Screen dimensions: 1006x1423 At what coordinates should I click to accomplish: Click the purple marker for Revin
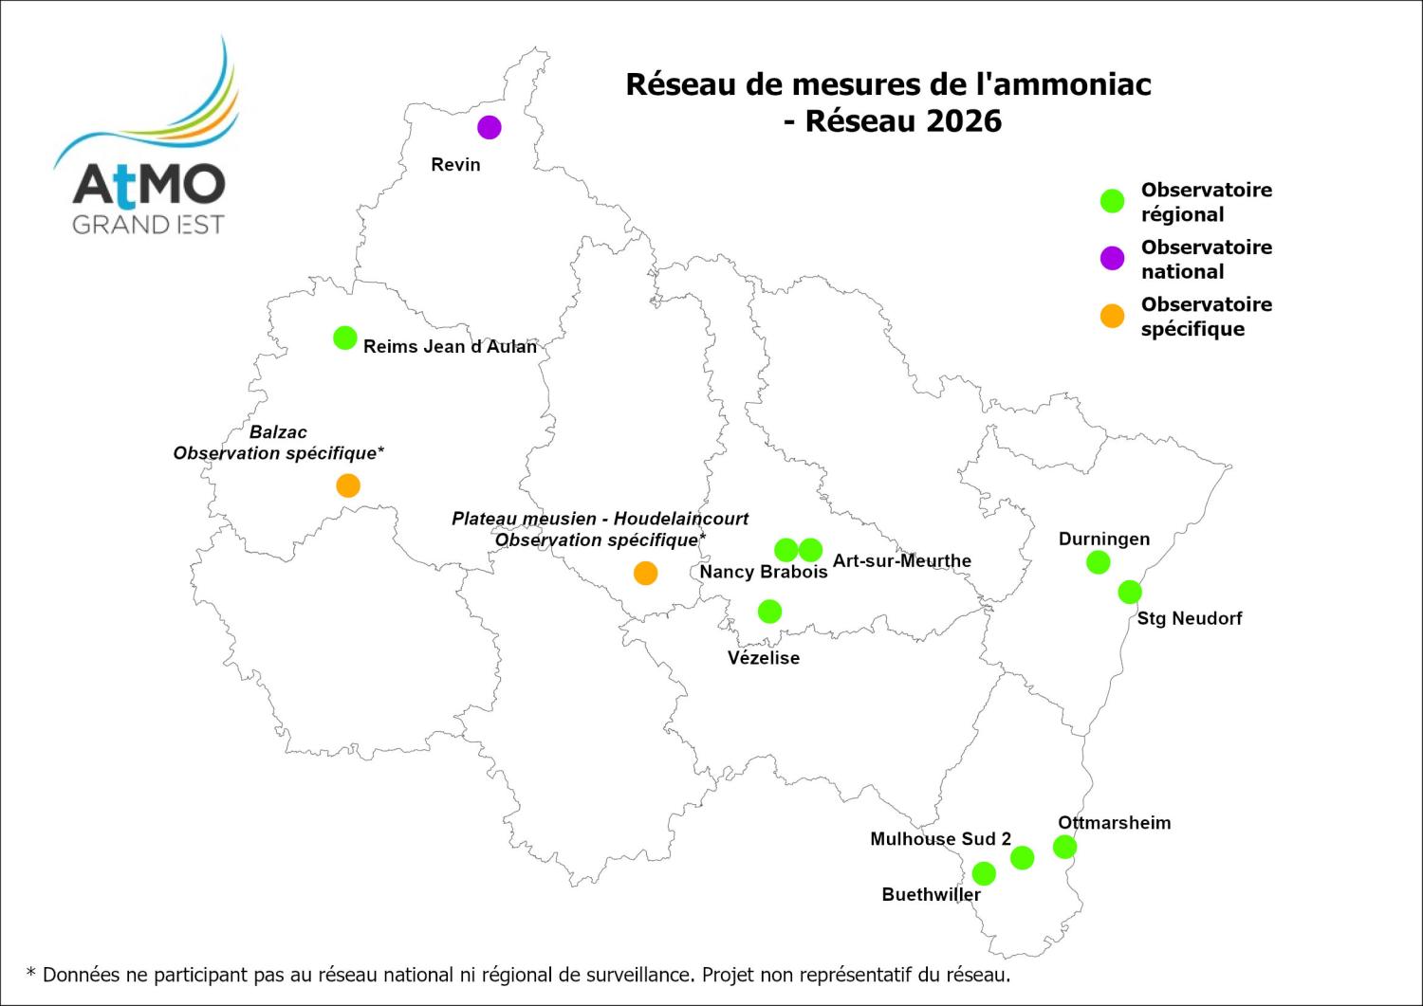click(x=489, y=127)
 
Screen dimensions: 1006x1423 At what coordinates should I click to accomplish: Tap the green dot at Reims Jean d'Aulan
click(x=345, y=338)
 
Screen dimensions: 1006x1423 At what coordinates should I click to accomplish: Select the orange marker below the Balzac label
click(x=348, y=485)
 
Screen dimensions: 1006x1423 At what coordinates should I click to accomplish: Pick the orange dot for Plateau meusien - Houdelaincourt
click(x=645, y=573)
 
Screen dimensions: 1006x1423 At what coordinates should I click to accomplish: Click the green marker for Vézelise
click(x=770, y=612)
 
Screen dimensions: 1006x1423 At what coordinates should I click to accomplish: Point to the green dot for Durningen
click(x=1098, y=562)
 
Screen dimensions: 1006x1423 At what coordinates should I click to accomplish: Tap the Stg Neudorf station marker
click(x=1129, y=592)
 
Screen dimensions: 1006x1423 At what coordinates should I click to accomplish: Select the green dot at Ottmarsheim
click(x=1064, y=847)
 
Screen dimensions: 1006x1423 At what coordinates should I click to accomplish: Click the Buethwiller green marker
click(x=984, y=873)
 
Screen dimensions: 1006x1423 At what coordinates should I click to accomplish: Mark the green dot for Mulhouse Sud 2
click(x=1022, y=858)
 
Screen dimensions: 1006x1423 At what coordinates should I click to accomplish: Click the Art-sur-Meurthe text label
click(x=901, y=560)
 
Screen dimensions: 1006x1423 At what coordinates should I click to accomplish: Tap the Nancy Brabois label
click(x=763, y=572)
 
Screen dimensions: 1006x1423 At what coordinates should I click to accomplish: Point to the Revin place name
click(x=455, y=165)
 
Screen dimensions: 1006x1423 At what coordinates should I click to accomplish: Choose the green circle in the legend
click(x=1112, y=201)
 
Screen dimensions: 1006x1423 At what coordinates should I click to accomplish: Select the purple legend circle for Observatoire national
click(x=1112, y=258)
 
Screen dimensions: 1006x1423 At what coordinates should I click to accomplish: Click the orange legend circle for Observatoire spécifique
click(x=1112, y=316)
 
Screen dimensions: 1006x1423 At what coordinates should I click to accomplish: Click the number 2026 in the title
click(x=964, y=121)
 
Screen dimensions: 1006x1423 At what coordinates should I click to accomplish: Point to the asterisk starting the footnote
click(x=31, y=974)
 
